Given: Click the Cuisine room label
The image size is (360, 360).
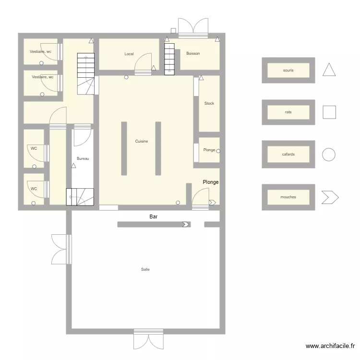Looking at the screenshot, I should click(x=141, y=141).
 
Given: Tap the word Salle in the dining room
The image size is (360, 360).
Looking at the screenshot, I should click(x=145, y=269).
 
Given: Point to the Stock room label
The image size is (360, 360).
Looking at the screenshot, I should click(x=209, y=103).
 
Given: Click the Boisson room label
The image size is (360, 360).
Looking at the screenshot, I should click(x=193, y=53).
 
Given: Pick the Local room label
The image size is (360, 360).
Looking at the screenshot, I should click(x=129, y=54).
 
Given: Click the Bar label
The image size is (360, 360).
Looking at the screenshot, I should click(x=154, y=217).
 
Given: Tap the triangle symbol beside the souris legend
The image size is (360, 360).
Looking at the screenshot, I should click(x=329, y=70).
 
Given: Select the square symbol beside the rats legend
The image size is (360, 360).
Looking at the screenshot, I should click(x=329, y=112).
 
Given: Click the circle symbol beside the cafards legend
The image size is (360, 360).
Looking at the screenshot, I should click(x=329, y=155).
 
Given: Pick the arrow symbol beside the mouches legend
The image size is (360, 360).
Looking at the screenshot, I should click(x=330, y=197).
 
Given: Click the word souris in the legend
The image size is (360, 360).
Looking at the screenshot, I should click(x=288, y=70).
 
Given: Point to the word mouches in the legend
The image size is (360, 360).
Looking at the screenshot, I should click(x=288, y=197).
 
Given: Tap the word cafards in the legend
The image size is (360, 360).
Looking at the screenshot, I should click(x=288, y=155).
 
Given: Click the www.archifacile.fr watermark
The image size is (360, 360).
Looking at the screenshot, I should click(x=331, y=346).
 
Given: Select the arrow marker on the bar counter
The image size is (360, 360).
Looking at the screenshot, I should click(x=186, y=224).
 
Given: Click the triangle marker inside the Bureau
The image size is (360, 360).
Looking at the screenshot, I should click(x=73, y=166).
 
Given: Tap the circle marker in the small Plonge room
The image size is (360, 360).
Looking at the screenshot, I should click(x=218, y=151).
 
